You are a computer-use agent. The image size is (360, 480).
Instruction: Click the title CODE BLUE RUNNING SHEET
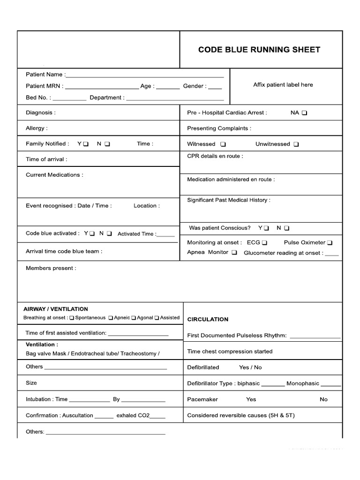click(x=259, y=50)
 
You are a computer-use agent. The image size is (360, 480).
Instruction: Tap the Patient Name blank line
click(x=145, y=75)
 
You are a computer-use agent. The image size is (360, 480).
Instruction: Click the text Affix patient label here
click(x=283, y=85)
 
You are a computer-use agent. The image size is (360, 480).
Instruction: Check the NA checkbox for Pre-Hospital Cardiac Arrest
click(x=305, y=113)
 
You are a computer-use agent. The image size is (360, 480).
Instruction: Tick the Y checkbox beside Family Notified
click(x=86, y=144)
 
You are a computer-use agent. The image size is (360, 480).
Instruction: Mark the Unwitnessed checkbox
click(x=296, y=144)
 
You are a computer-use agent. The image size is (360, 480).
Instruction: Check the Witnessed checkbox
click(x=223, y=144)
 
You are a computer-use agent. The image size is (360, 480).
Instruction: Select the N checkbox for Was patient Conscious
click(x=287, y=228)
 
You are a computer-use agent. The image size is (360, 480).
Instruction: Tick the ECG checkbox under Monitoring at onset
click(x=264, y=243)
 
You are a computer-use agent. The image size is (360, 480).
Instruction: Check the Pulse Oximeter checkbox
click(x=330, y=243)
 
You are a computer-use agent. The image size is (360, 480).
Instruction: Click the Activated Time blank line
click(x=166, y=235)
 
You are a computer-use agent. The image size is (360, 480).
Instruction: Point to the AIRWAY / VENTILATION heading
click(x=55, y=309)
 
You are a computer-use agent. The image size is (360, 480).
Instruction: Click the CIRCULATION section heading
click(x=208, y=319)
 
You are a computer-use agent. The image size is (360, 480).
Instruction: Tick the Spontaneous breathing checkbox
click(x=72, y=318)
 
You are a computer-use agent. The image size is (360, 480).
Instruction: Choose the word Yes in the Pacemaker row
click(x=251, y=399)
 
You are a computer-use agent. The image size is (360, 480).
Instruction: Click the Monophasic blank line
click(x=331, y=385)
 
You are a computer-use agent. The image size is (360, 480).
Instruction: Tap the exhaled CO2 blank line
click(x=157, y=417)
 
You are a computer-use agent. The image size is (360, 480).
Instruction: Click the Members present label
click(x=51, y=268)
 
